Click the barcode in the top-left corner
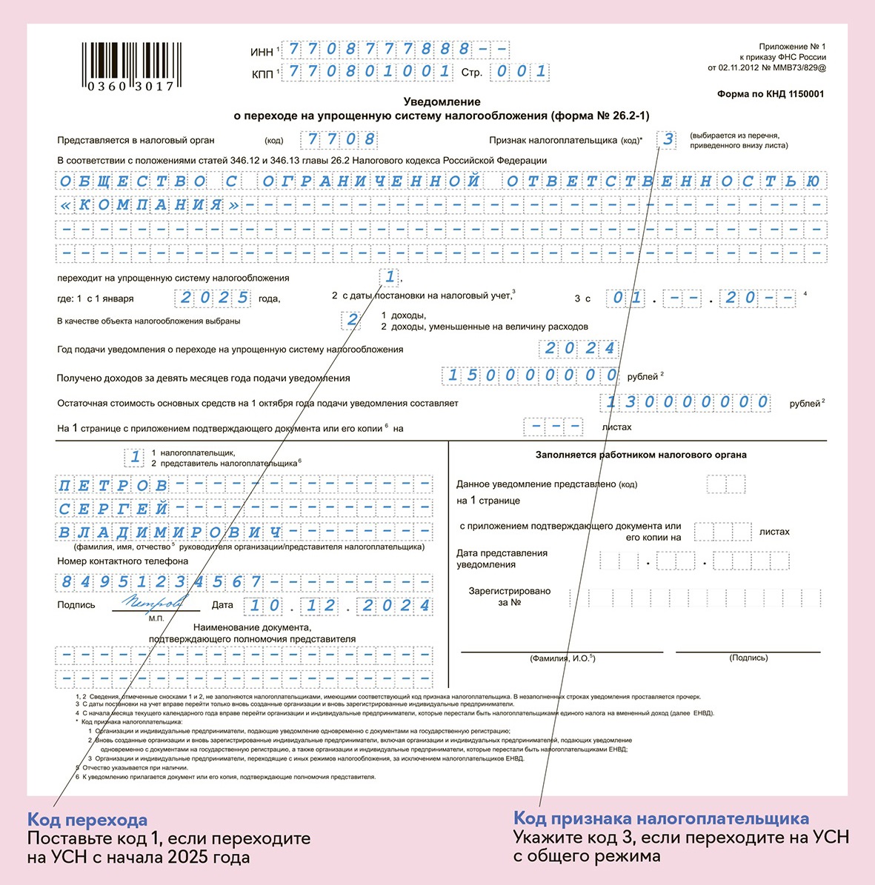click(x=130, y=66)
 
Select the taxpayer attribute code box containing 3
click(x=668, y=139)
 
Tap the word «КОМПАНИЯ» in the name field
click(x=150, y=205)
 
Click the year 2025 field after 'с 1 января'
click(x=214, y=298)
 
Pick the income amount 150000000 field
click(x=530, y=375)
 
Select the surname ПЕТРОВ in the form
click(x=113, y=486)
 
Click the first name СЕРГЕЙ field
click(x=113, y=509)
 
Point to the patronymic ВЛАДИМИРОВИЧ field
click(x=170, y=532)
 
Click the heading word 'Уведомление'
click(x=442, y=102)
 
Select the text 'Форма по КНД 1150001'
click(x=770, y=94)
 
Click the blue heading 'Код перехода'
click(x=87, y=820)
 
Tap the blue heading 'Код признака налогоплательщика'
click(x=661, y=818)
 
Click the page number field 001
click(x=521, y=71)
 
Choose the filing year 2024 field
click(x=580, y=348)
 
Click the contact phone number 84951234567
click(x=161, y=581)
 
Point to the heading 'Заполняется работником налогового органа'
click(x=641, y=455)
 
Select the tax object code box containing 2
click(x=352, y=320)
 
